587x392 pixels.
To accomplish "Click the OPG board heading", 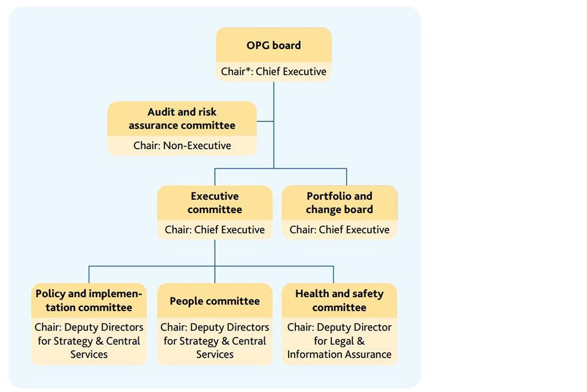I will click(x=273, y=45).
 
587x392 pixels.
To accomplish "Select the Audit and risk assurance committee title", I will click(x=182, y=119).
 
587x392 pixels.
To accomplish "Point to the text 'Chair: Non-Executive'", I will click(x=182, y=146).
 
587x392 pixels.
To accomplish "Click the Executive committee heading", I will click(x=215, y=203).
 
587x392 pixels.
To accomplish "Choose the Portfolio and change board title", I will click(x=339, y=203).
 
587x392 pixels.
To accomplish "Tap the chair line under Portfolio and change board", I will click(x=339, y=230).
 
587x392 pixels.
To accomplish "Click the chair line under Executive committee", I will click(x=215, y=230).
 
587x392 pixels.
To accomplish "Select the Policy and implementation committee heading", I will click(x=89, y=300).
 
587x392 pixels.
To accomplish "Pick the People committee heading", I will click(x=215, y=301).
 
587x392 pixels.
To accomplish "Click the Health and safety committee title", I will click(x=339, y=300).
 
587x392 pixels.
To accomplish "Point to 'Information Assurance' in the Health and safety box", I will click(x=339, y=354).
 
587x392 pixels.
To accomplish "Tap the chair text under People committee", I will click(x=215, y=341).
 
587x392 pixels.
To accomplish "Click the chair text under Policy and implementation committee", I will click(x=89, y=341).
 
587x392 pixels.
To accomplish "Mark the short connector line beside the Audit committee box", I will click(x=265, y=121).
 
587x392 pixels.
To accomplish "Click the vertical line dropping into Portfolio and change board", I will click(x=346, y=177).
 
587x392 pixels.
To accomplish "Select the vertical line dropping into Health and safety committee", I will click(x=333, y=274).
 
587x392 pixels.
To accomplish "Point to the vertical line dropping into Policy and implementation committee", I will click(x=89, y=274).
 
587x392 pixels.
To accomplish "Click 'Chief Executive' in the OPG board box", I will click(x=291, y=71).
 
